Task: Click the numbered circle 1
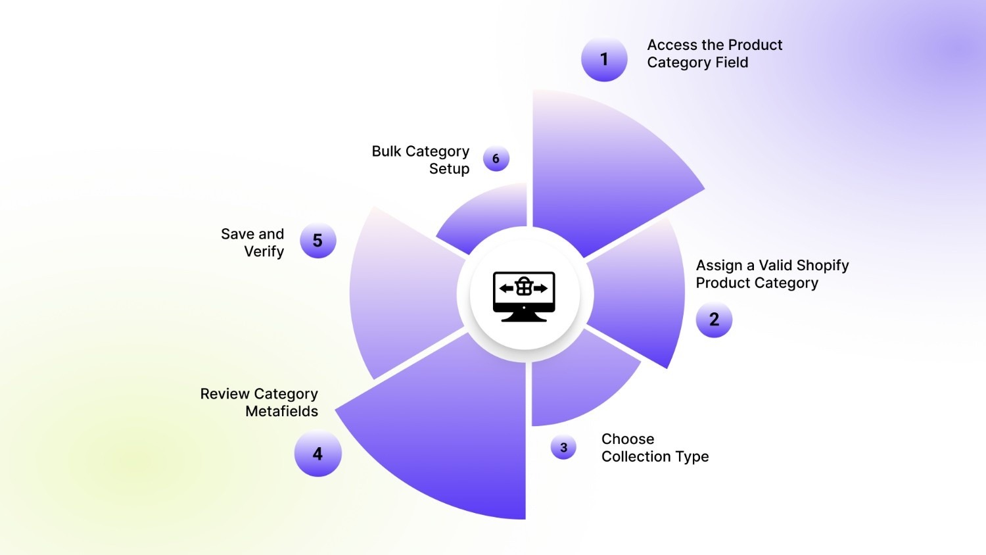604,59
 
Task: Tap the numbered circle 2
714,320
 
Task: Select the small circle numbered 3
563,447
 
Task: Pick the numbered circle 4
317,453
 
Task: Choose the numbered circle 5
317,240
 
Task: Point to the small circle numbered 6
496,158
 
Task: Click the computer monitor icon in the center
524,297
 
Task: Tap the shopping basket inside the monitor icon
524,287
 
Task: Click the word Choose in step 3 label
628,439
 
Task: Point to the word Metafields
282,412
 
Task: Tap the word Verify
264,252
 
